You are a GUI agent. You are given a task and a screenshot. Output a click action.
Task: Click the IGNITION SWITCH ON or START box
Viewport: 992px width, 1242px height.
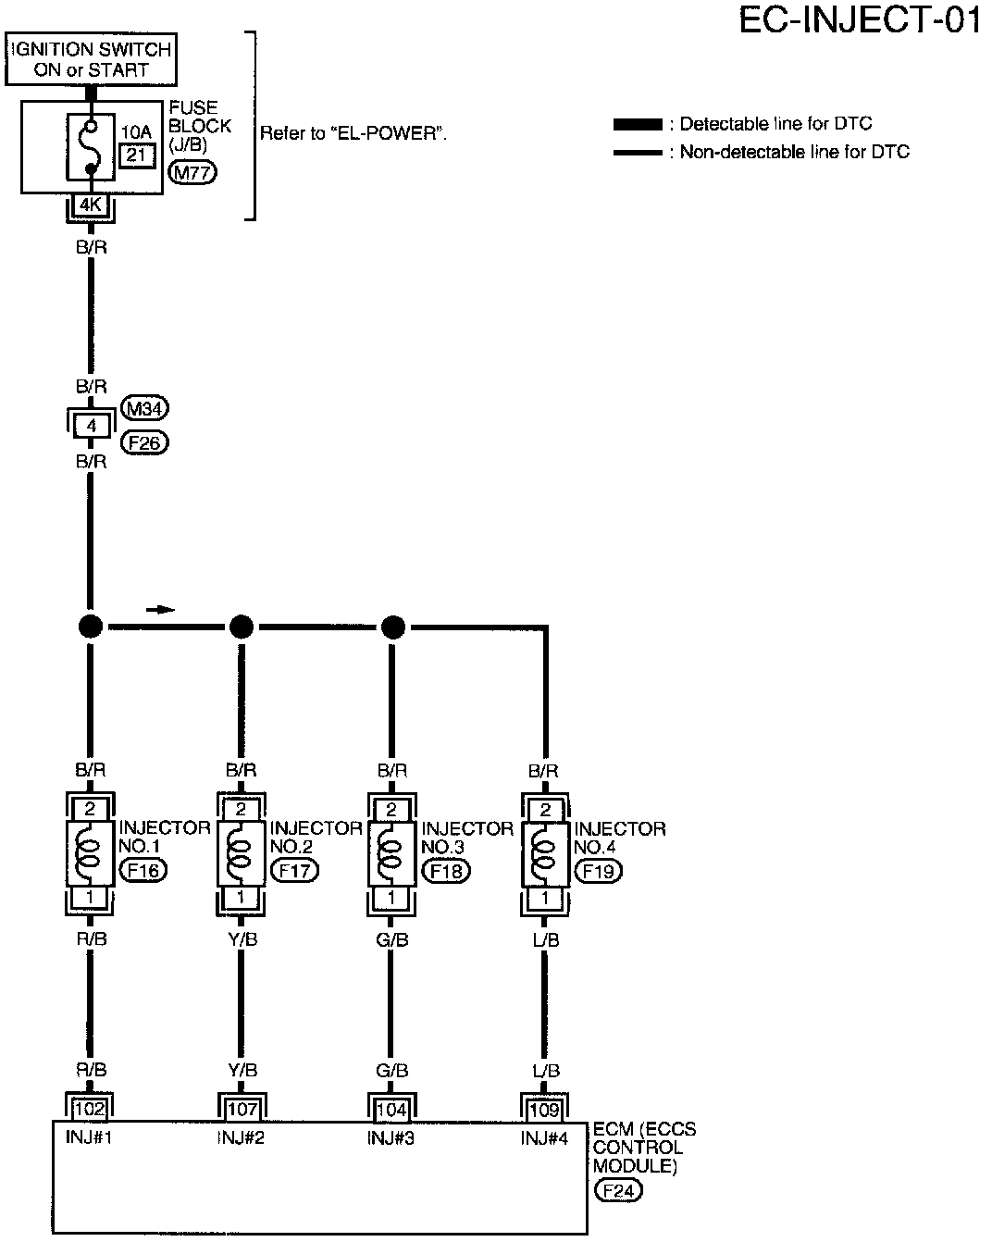(x=91, y=59)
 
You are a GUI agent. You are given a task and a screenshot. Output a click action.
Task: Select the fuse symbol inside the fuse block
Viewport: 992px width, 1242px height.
(x=92, y=146)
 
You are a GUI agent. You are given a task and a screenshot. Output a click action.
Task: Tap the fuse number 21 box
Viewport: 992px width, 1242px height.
(x=137, y=155)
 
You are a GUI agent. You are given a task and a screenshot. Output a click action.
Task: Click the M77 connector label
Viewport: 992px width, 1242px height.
(x=192, y=172)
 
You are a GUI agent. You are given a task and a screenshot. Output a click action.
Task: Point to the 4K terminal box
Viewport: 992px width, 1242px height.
(x=91, y=205)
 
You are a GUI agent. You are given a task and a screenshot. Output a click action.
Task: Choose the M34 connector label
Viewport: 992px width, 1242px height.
(x=144, y=409)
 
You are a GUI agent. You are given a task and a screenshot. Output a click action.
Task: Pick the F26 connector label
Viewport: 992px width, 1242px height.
(x=144, y=442)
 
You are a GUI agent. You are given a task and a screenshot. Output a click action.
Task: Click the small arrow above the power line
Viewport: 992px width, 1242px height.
(x=160, y=610)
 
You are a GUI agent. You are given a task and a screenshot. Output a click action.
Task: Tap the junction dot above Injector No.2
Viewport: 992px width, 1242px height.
(x=242, y=627)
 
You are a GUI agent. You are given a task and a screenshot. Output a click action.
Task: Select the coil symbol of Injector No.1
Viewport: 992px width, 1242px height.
(x=90, y=852)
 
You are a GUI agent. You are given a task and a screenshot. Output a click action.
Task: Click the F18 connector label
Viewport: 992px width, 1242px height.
(x=446, y=870)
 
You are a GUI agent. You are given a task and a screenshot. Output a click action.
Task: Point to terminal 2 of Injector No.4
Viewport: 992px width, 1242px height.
(x=545, y=810)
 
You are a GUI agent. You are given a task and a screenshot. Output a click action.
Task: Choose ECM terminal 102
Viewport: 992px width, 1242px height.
(x=90, y=1110)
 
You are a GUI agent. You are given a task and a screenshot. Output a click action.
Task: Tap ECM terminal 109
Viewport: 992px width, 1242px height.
(x=544, y=1110)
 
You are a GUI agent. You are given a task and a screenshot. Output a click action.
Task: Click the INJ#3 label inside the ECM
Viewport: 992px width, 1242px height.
(x=391, y=1137)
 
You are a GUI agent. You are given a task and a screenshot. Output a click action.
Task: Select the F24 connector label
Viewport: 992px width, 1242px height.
(x=618, y=1190)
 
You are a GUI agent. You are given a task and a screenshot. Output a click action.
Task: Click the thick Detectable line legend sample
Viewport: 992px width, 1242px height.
(x=638, y=124)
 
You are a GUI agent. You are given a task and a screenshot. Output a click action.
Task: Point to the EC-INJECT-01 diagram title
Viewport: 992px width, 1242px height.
(x=860, y=20)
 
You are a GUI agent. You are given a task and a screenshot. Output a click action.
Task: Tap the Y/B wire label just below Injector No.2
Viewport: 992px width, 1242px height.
(x=242, y=939)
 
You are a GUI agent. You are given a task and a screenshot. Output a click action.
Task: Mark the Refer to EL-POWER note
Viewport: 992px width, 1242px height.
(x=353, y=133)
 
